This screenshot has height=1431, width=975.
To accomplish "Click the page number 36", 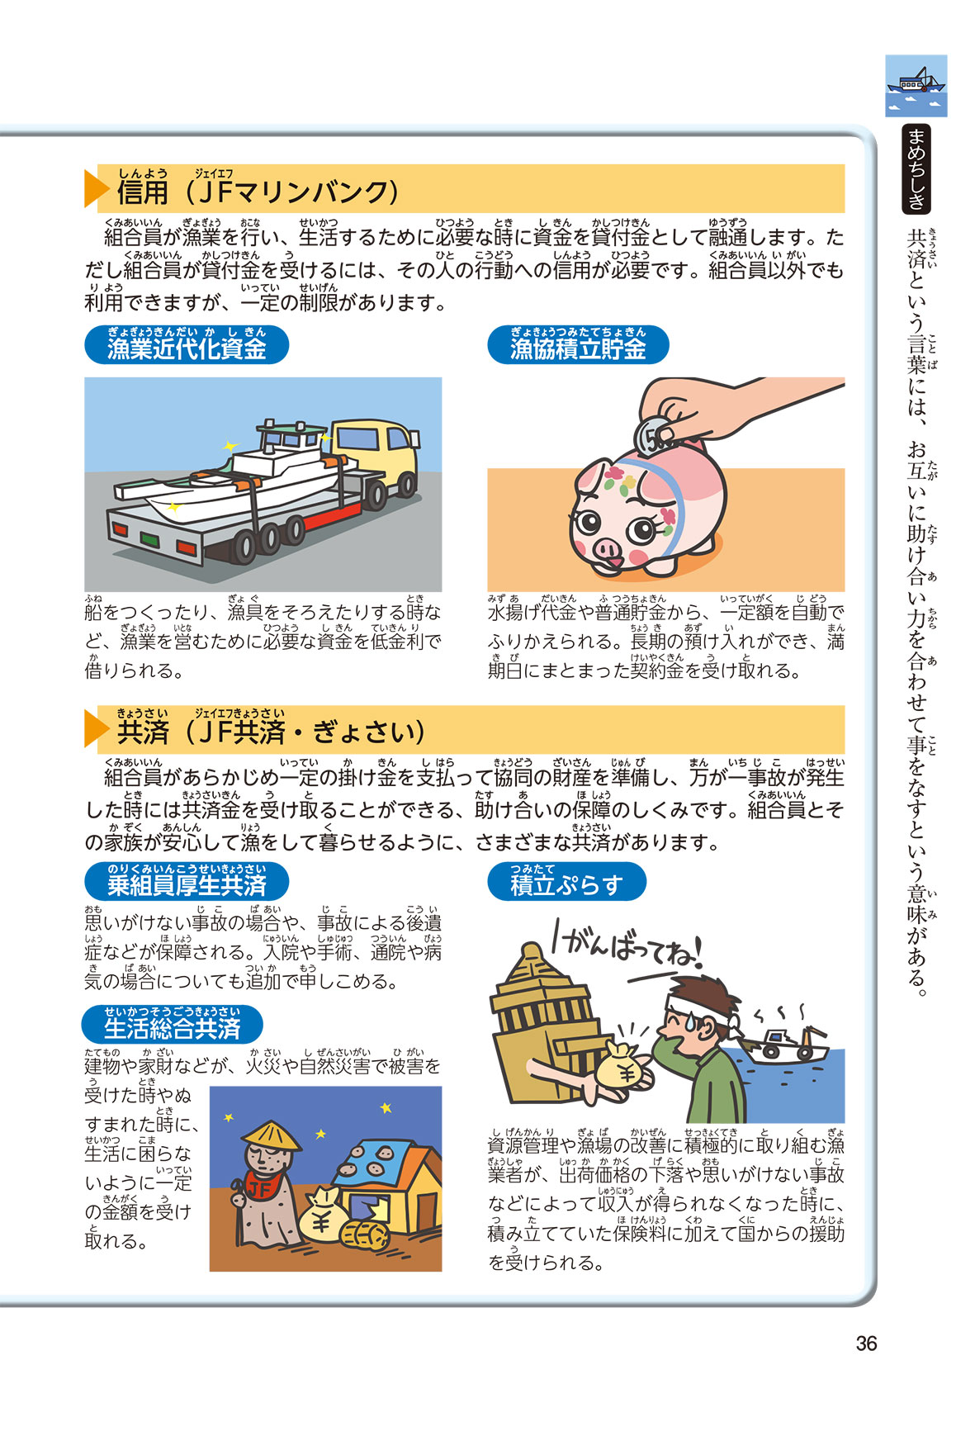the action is click(866, 1343).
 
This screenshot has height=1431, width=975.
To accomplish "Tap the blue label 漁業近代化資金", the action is click(187, 345).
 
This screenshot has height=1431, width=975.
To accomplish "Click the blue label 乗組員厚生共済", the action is click(187, 881).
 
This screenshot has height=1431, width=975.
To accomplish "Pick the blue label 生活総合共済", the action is click(173, 1025).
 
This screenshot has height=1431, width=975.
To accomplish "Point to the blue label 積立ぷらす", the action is click(566, 881).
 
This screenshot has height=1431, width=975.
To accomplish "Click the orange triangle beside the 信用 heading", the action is click(97, 189).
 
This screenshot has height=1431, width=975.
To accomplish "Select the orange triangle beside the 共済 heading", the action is click(97, 729).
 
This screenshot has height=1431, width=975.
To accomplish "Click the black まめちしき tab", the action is click(916, 168).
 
